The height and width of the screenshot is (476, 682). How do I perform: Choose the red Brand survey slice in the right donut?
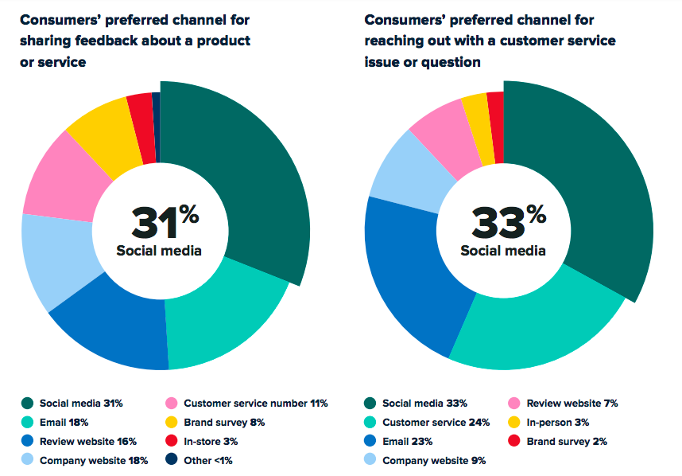495,126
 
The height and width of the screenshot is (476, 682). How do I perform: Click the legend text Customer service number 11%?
255,404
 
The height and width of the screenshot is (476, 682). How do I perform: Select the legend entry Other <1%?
207,459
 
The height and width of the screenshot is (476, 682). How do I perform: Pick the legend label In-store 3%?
211,441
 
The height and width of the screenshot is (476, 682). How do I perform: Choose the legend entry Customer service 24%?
436,422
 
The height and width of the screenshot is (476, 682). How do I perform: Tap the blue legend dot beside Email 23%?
370,441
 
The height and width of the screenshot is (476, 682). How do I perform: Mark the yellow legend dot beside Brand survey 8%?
172,423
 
